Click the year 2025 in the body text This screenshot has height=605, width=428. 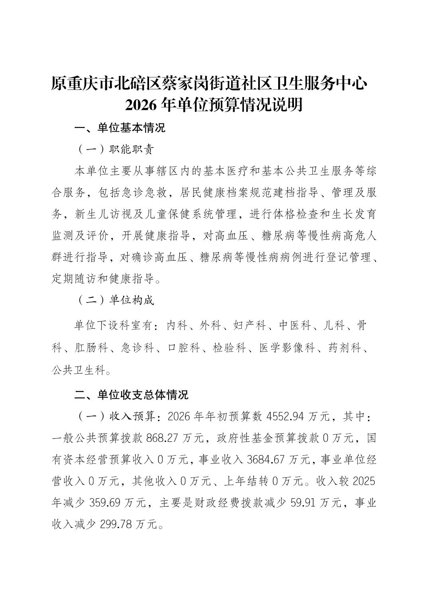(x=364, y=481)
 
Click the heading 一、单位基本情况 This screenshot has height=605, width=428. (x=120, y=128)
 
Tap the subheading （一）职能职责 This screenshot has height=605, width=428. (x=114, y=150)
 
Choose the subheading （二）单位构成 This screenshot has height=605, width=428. (x=114, y=300)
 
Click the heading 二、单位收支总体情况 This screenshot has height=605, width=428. (x=131, y=395)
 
